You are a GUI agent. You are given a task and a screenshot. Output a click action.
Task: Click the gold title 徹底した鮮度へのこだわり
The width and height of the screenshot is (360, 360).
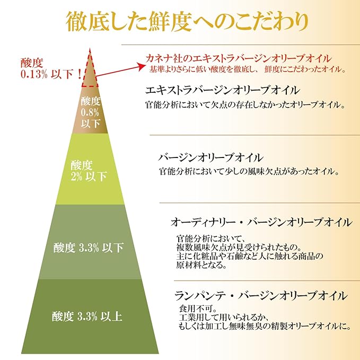pyautogui.click(x=187, y=22)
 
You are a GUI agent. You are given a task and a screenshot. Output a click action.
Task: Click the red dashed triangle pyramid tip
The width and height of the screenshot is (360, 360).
pyautogui.click(x=90, y=49)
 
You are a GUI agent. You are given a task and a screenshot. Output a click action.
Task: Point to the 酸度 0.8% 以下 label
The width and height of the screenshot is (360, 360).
pyautogui.click(x=90, y=112)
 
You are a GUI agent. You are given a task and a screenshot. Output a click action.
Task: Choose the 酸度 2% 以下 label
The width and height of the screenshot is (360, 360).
pyautogui.click(x=89, y=171)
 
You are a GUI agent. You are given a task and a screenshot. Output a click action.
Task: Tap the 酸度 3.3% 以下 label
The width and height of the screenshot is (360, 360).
pyautogui.click(x=89, y=248)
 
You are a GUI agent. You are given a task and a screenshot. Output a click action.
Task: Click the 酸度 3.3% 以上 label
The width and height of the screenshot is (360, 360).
pyautogui.click(x=87, y=316)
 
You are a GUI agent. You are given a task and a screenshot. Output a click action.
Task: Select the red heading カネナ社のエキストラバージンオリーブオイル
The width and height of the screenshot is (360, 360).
pyautogui.click(x=238, y=59)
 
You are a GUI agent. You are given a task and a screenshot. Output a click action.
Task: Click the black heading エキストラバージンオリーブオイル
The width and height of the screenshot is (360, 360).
pyautogui.click(x=222, y=90)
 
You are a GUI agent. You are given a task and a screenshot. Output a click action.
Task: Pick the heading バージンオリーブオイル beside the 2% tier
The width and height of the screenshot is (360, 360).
pyautogui.click(x=210, y=157)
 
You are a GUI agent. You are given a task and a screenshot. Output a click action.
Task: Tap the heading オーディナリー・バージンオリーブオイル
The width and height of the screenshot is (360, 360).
pyautogui.click(x=261, y=222)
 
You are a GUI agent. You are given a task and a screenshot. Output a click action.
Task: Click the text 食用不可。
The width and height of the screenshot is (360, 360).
pyautogui.click(x=198, y=309)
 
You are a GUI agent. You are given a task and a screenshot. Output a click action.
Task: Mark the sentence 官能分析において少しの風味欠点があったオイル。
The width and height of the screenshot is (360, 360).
pyautogui.click(x=249, y=171)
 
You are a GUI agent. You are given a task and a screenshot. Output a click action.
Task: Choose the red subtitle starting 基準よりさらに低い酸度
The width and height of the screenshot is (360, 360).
pyautogui.click(x=248, y=69)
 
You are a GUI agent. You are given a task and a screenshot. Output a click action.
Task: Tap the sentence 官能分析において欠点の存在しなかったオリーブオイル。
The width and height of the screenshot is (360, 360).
pyautogui.click(x=245, y=105)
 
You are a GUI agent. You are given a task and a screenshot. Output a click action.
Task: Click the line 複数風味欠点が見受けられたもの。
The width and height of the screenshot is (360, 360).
pyautogui.click(x=239, y=247)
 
